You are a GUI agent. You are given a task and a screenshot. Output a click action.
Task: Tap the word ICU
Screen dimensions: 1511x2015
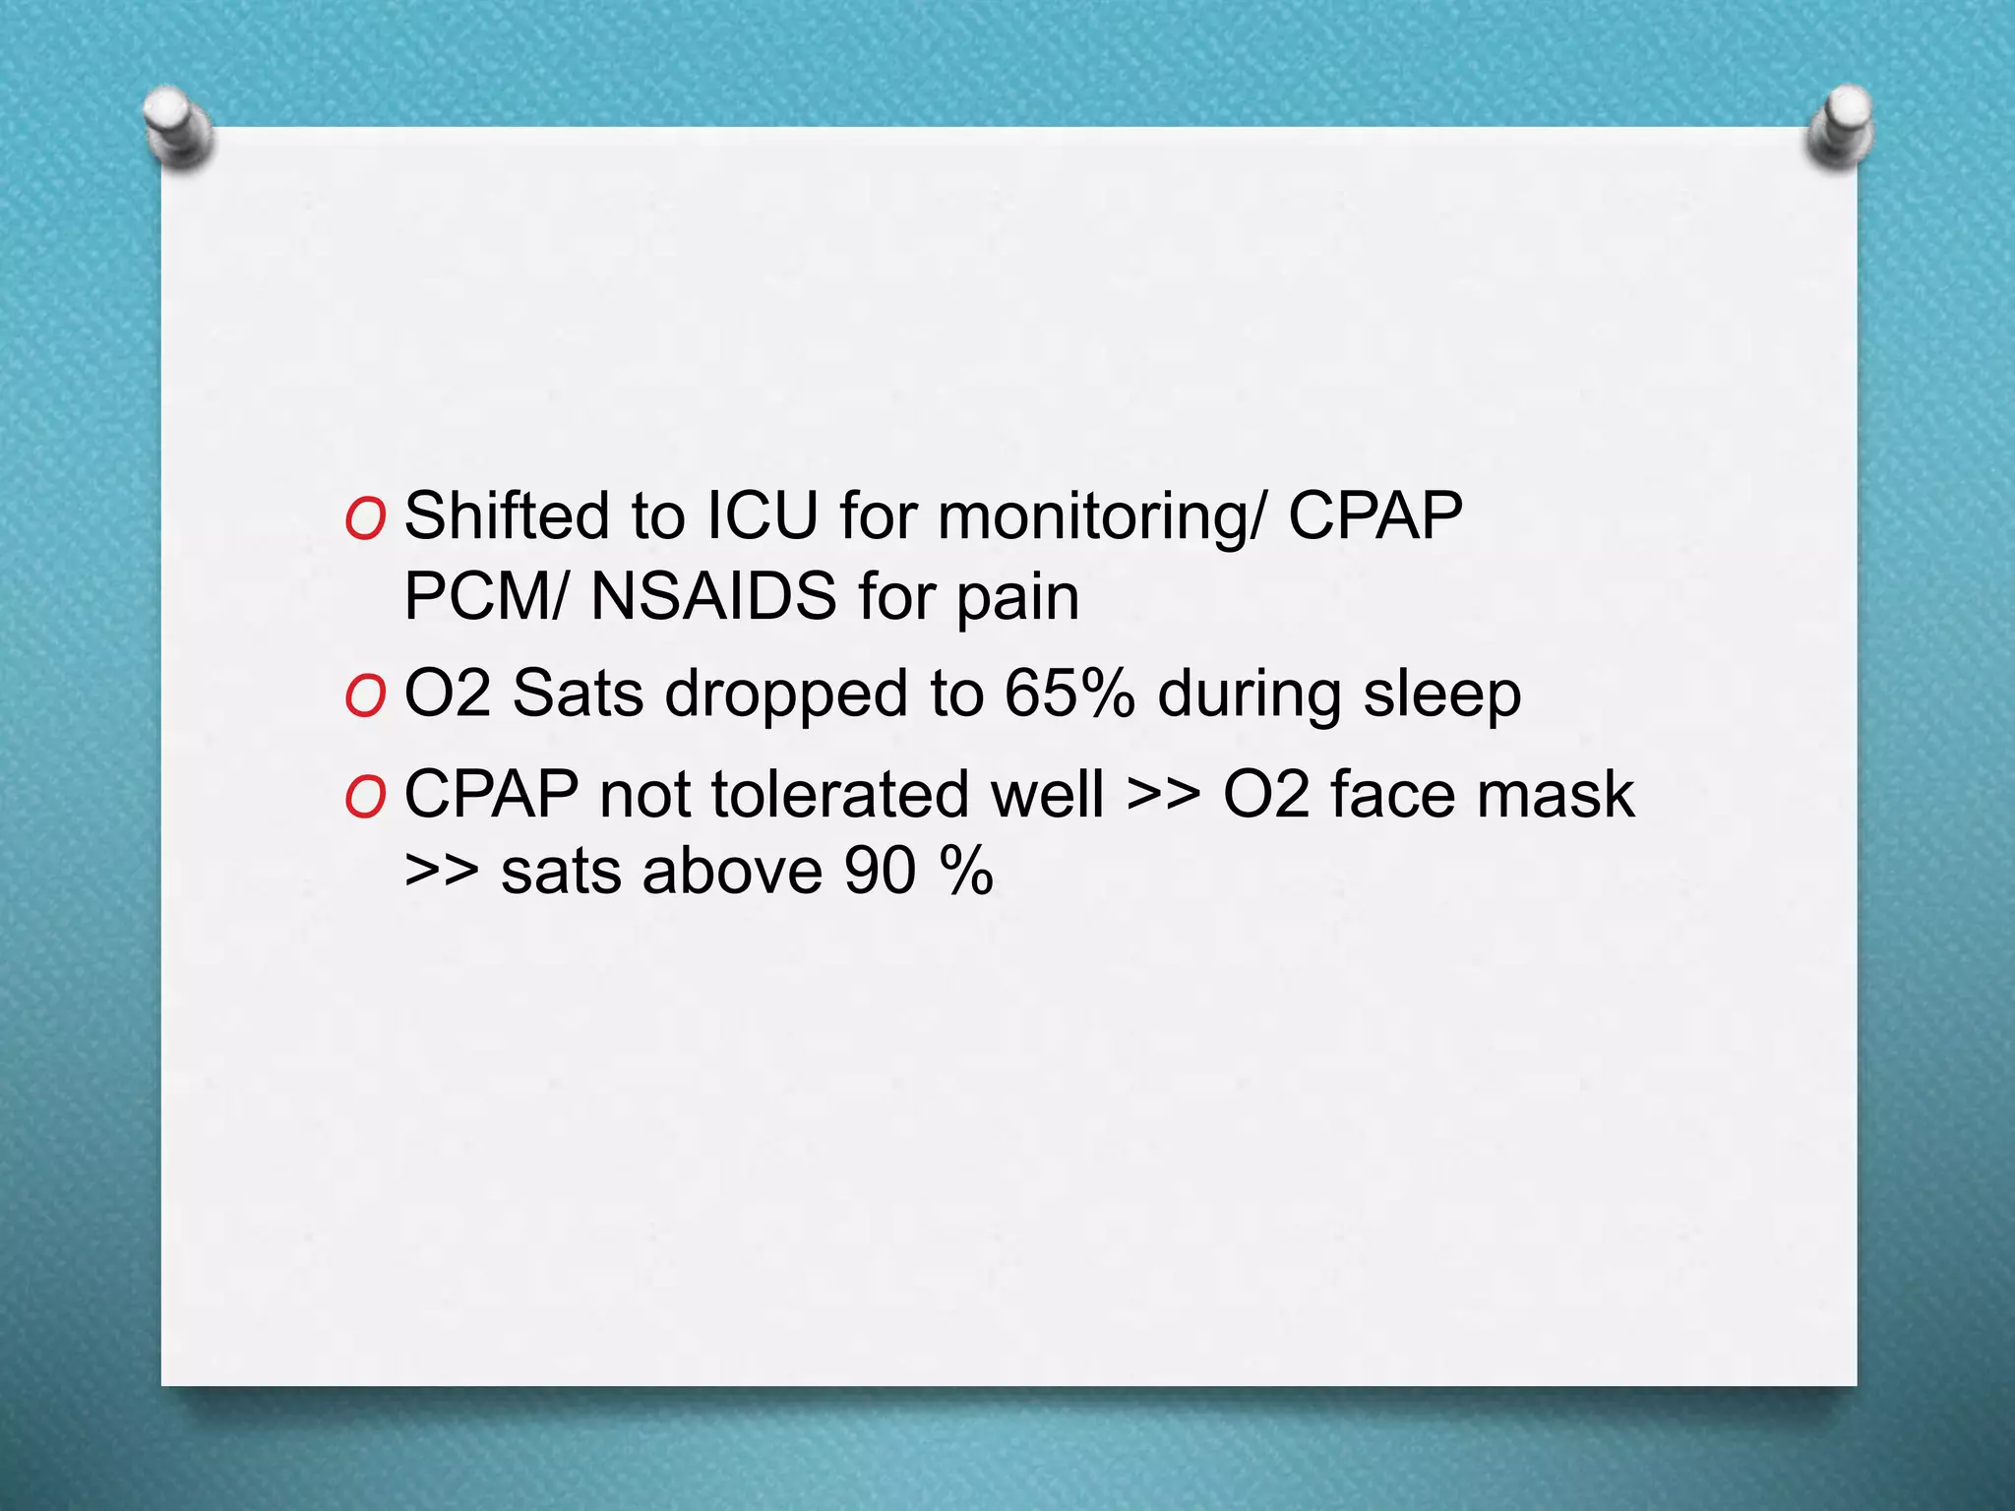(x=763, y=515)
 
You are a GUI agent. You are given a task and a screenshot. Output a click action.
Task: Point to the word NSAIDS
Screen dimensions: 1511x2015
(x=713, y=596)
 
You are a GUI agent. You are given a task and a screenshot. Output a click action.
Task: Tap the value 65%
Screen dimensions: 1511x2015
(x=1069, y=694)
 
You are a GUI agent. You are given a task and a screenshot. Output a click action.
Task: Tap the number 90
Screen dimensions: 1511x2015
(x=881, y=872)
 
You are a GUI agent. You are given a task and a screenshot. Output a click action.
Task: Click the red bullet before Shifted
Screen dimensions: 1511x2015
(x=365, y=519)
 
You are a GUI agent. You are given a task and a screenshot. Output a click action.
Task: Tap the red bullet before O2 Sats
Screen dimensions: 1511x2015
(x=365, y=696)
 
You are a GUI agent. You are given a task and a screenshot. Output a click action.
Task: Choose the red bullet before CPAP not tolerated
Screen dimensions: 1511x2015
(x=365, y=796)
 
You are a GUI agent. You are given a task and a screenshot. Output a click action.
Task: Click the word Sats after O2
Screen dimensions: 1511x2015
(x=578, y=694)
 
